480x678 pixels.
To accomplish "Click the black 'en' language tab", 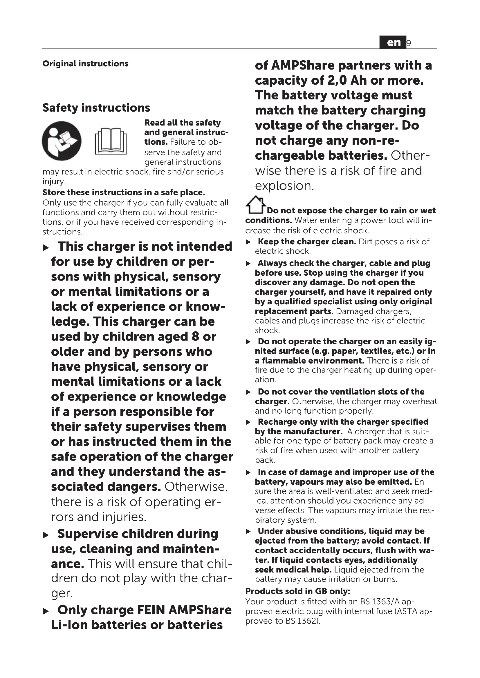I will point(393,43).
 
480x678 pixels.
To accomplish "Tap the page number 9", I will point(409,43).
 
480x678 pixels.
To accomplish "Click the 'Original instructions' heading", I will point(85,63).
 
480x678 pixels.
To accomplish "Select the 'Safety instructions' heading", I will point(96,108).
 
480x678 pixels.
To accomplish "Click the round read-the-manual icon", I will point(62,141).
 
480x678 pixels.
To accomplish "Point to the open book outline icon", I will point(111,141).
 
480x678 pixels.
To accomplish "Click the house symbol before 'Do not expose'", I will point(255,205).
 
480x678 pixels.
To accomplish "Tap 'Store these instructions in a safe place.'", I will point(124,192).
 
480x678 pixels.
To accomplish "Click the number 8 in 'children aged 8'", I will point(195,337).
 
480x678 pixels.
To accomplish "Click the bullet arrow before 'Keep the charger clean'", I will point(248,242).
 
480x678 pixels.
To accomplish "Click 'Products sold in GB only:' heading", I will point(298,591).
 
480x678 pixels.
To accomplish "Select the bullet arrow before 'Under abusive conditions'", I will point(248,532).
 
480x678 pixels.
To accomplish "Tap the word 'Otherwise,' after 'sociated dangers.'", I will point(196,487).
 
